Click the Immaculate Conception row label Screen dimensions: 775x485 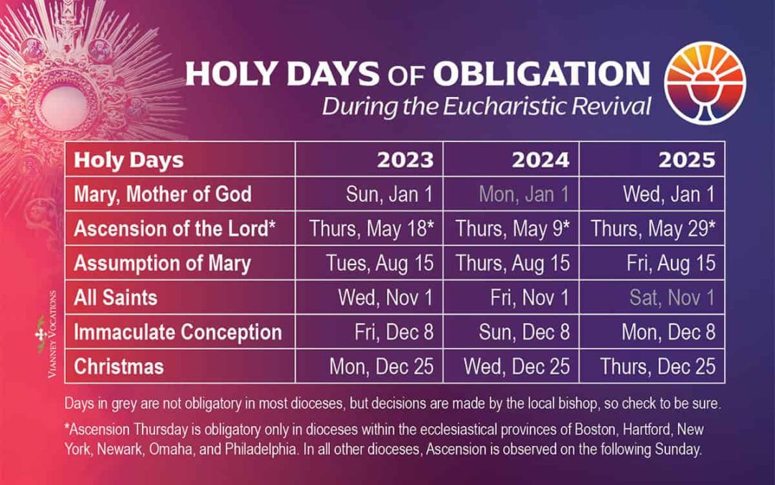pyautogui.click(x=178, y=332)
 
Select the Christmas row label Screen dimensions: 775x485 pyautogui.click(x=118, y=366)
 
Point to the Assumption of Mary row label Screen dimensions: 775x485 pyautogui.click(x=162, y=263)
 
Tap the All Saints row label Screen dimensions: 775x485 pyautogui.click(x=116, y=297)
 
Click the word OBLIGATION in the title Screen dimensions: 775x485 pyautogui.click(x=541, y=73)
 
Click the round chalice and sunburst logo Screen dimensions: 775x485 pyautogui.click(x=705, y=83)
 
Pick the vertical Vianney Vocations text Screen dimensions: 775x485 pyautogui.click(x=52, y=335)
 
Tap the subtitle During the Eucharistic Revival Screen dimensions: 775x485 pyautogui.click(x=487, y=106)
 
